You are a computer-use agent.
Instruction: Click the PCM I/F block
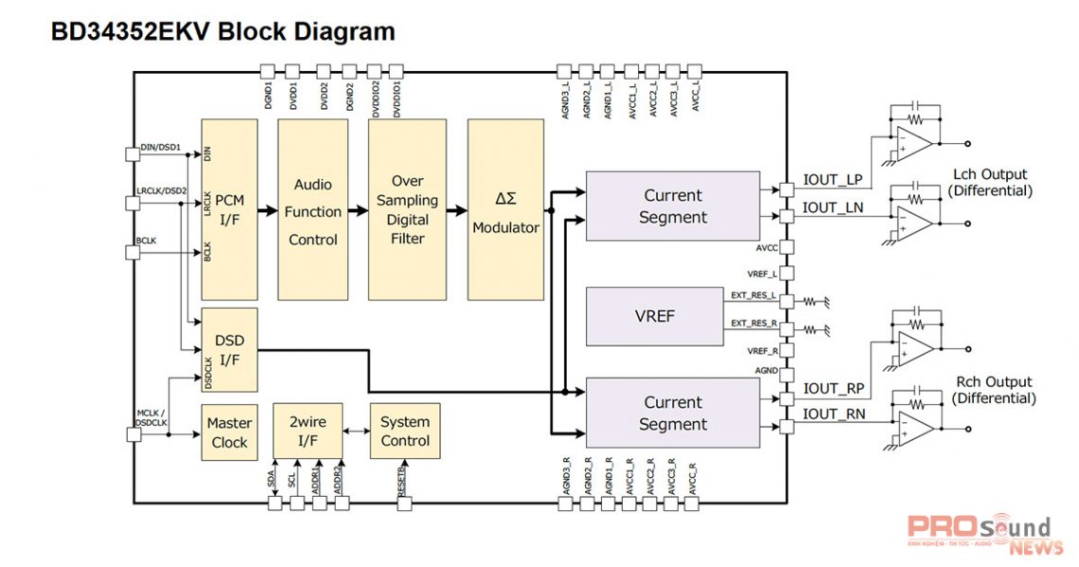pos(230,209)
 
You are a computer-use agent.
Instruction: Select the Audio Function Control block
pos(312,210)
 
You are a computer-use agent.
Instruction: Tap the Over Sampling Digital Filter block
pos(407,210)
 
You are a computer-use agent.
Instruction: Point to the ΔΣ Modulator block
pos(505,210)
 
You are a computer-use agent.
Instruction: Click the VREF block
pos(655,316)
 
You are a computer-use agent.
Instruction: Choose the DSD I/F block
pos(230,349)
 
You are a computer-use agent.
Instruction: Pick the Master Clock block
pos(229,433)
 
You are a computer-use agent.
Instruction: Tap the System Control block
pos(405,432)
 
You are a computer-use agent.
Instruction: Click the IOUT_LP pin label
pos(833,180)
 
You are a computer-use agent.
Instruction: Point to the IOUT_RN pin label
pos(833,414)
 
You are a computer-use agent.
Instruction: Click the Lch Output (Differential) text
pos(991,183)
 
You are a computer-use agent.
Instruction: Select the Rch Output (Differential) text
pos(994,390)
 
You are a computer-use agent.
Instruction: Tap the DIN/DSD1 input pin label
pos(160,148)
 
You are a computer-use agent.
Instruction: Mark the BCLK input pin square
pos(132,252)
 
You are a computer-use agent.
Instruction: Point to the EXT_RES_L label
pos(753,295)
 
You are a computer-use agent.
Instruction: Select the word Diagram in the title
pos(333,31)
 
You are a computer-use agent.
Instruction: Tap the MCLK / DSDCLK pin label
pos(151,417)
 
